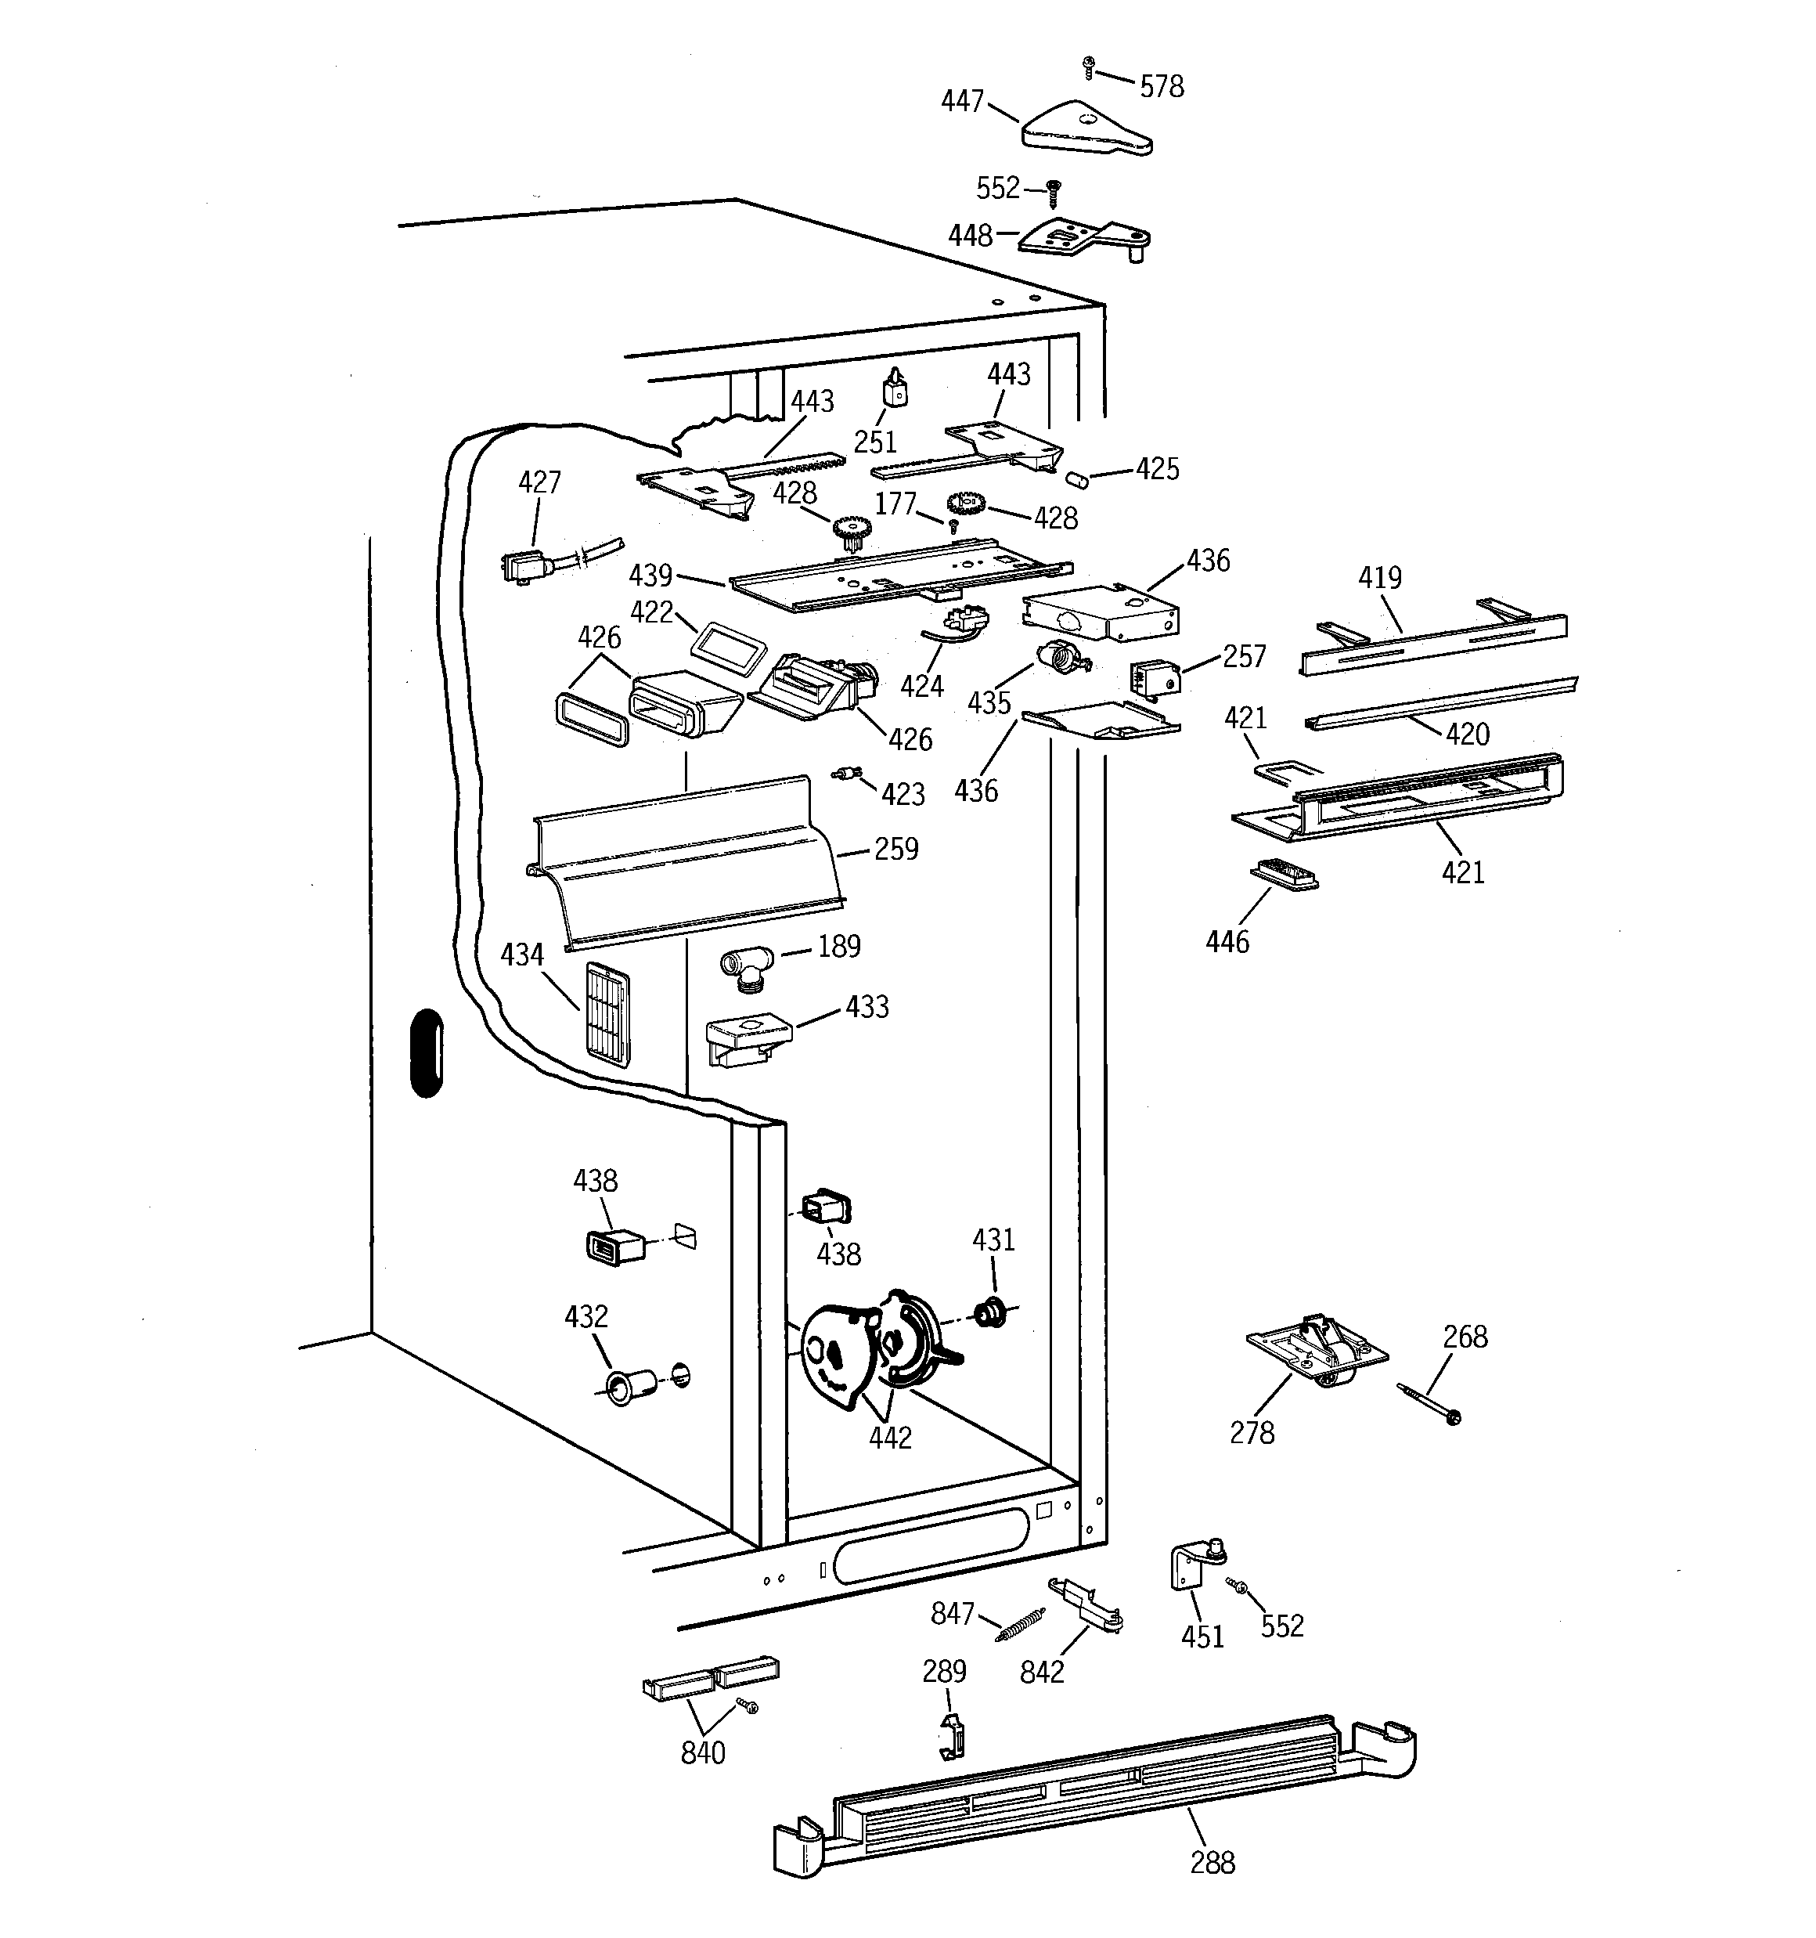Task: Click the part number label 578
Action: [x=1162, y=87]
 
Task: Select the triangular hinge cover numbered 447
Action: [x=1084, y=128]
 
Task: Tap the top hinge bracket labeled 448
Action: [x=1082, y=239]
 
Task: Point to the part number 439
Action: [x=650, y=576]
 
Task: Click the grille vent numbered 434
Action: [x=607, y=1015]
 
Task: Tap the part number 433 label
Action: [x=867, y=1006]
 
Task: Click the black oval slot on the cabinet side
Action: [x=426, y=1053]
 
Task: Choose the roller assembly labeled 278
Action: [x=1316, y=1350]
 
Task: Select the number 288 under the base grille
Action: [x=1212, y=1863]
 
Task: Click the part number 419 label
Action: [x=1379, y=578]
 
